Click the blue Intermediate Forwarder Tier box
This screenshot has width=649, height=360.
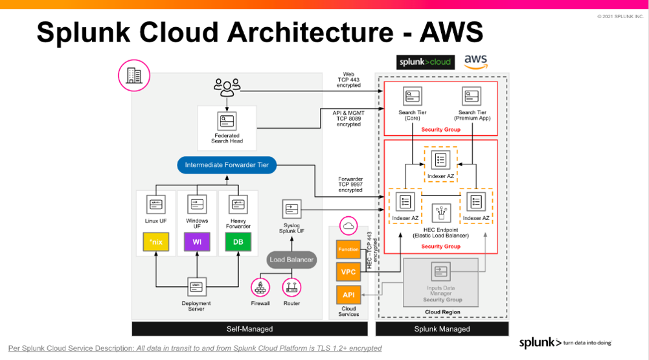pyautogui.click(x=227, y=165)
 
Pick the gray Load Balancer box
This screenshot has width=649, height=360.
pyautogui.click(x=291, y=260)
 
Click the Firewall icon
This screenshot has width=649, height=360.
pyautogui.click(x=260, y=286)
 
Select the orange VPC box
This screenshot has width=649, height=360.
pyautogui.click(x=348, y=272)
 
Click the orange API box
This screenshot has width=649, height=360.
pyautogui.click(x=348, y=295)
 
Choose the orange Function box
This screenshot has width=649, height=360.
pyautogui.click(x=348, y=249)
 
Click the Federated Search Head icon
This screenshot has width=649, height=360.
pyautogui.click(x=227, y=121)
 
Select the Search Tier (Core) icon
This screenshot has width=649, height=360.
pyautogui.click(x=412, y=96)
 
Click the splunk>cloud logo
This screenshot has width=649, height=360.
pyautogui.click(x=426, y=62)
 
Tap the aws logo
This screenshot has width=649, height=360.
pyautogui.click(x=475, y=62)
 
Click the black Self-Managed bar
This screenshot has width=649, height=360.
pyautogui.click(x=249, y=329)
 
